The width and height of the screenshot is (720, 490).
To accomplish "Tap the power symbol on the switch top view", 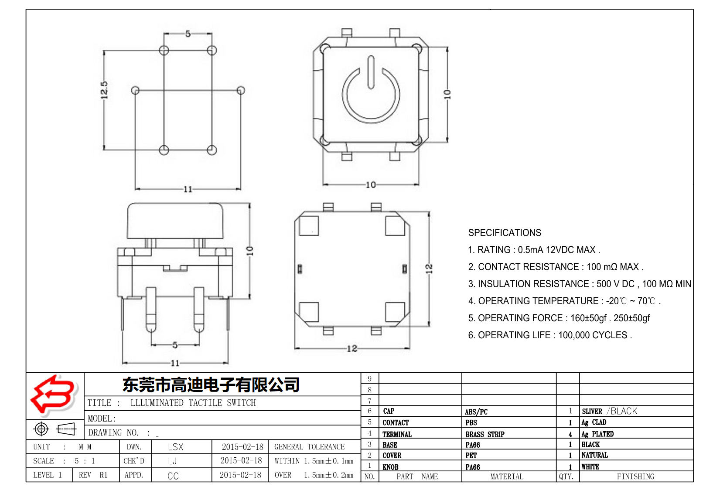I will coord(371,93).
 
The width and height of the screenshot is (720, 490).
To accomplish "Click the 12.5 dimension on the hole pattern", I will coord(104,90).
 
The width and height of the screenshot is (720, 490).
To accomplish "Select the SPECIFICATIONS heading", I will coord(504,233).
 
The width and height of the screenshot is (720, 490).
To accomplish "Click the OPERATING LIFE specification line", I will coord(549,335).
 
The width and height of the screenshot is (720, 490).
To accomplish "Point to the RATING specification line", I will coord(533,250).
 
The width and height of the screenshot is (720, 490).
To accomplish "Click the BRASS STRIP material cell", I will coord(485,434).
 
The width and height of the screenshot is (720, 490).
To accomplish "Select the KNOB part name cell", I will coord(390,467).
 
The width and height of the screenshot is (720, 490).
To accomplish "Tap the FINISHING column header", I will coord(635,476).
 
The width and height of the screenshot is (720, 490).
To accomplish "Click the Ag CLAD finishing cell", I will coord(594,422).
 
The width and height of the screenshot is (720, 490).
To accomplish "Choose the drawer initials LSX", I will coord(175,447).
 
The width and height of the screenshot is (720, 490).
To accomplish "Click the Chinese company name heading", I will coord(211,385).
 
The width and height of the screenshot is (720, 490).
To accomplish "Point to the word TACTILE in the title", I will coord(205,403).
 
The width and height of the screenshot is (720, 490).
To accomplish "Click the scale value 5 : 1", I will coord(84,461).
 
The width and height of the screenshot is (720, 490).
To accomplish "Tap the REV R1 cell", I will coord(93,475).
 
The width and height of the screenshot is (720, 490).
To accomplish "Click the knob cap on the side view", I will coord(175,220).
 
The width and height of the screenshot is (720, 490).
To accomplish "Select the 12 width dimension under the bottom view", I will coord(351,348).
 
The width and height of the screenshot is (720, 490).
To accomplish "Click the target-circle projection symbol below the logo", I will coord(41,429).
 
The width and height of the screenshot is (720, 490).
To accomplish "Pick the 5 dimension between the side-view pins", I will coord(175,345).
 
